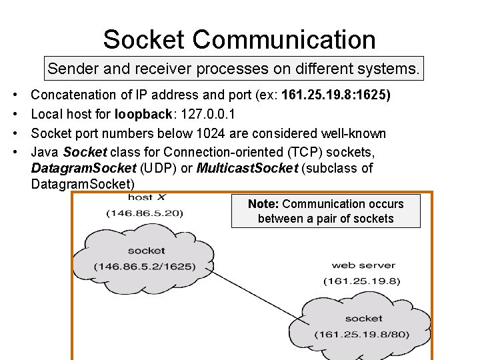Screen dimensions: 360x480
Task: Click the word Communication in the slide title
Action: [284, 39]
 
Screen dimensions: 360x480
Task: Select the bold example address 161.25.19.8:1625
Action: [337, 95]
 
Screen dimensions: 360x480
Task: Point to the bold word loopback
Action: [142, 115]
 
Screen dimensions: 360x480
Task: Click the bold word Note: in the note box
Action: [263, 204]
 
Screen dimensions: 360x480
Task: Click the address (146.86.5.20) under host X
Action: [145, 213]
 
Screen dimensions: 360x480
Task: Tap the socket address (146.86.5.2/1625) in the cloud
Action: [145, 266]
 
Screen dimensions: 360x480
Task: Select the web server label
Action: [363, 265]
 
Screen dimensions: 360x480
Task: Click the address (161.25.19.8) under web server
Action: [362, 281]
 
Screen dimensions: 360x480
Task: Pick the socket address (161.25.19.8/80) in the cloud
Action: [363, 333]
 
